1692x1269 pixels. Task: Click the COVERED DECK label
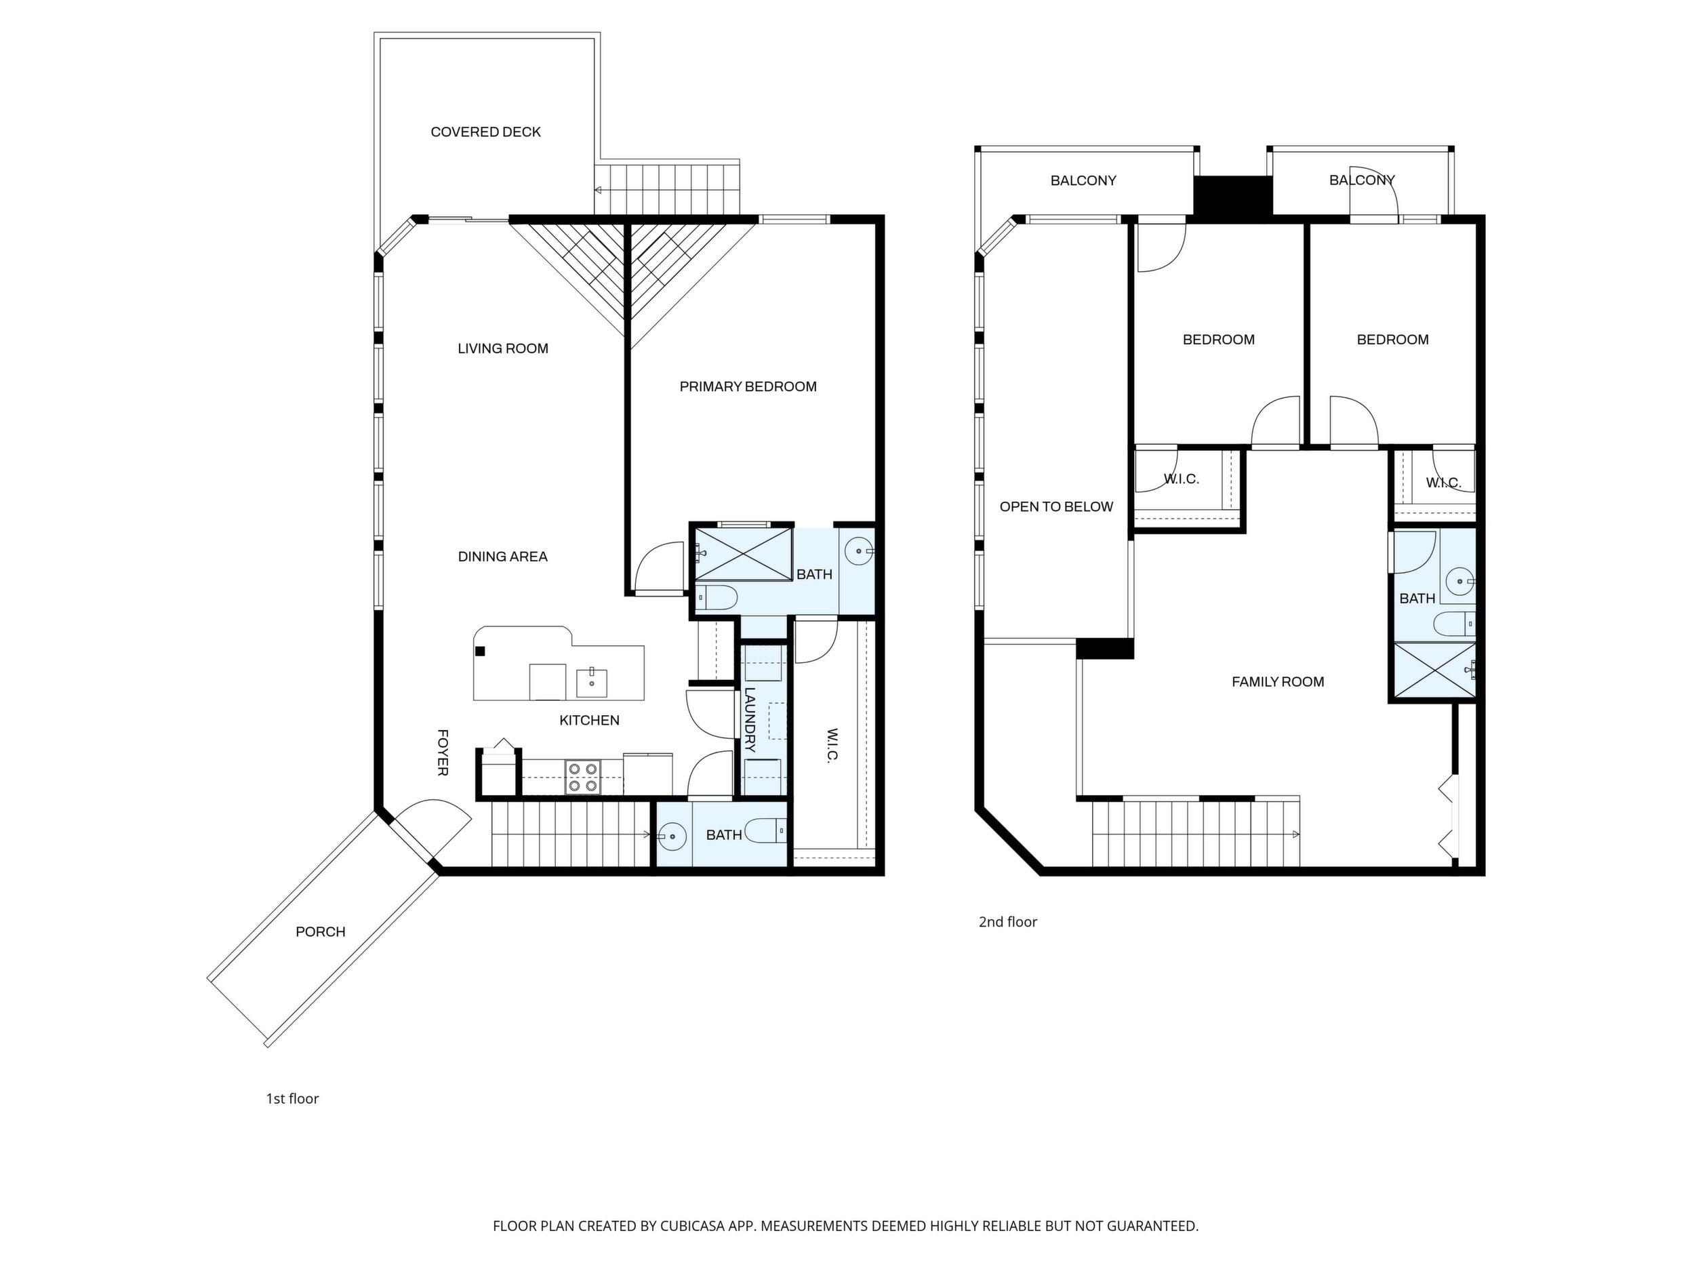486,132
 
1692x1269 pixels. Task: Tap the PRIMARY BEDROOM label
748,386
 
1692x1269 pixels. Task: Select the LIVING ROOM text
502,348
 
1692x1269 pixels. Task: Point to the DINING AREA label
502,556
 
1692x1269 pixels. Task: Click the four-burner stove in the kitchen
583,776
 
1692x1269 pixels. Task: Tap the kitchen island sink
591,683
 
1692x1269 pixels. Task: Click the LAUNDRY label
750,720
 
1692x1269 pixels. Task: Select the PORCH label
321,931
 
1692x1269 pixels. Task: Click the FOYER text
442,752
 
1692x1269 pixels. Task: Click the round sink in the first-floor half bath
672,836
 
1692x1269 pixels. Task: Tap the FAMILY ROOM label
1277,681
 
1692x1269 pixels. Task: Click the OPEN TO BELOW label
1056,506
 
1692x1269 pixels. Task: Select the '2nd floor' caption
1008,922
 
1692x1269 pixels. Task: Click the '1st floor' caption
292,1098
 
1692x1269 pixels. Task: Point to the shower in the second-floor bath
1434,672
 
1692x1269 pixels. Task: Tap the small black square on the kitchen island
481,651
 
